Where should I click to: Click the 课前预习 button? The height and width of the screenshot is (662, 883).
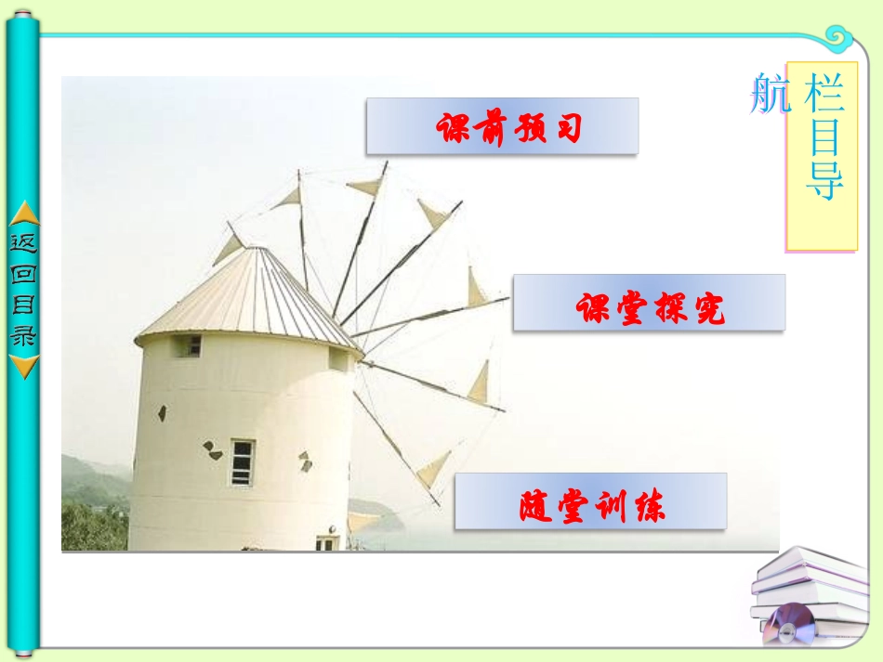pyautogui.click(x=502, y=126)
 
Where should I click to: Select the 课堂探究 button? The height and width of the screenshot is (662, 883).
pyautogui.click(x=649, y=303)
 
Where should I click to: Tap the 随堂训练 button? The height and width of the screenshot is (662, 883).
pyautogui.click(x=590, y=502)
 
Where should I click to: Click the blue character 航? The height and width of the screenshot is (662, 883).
pyautogui.click(x=770, y=95)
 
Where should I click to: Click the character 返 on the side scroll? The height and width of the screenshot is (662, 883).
pyautogui.click(x=24, y=243)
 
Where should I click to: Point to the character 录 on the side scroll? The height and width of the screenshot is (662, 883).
pyautogui.click(x=24, y=337)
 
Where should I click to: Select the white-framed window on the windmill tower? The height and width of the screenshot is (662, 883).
pyautogui.click(x=242, y=461)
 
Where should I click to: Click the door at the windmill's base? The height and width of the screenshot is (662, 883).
pyautogui.click(x=325, y=542)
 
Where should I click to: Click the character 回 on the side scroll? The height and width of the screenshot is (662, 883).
pyautogui.click(x=24, y=275)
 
